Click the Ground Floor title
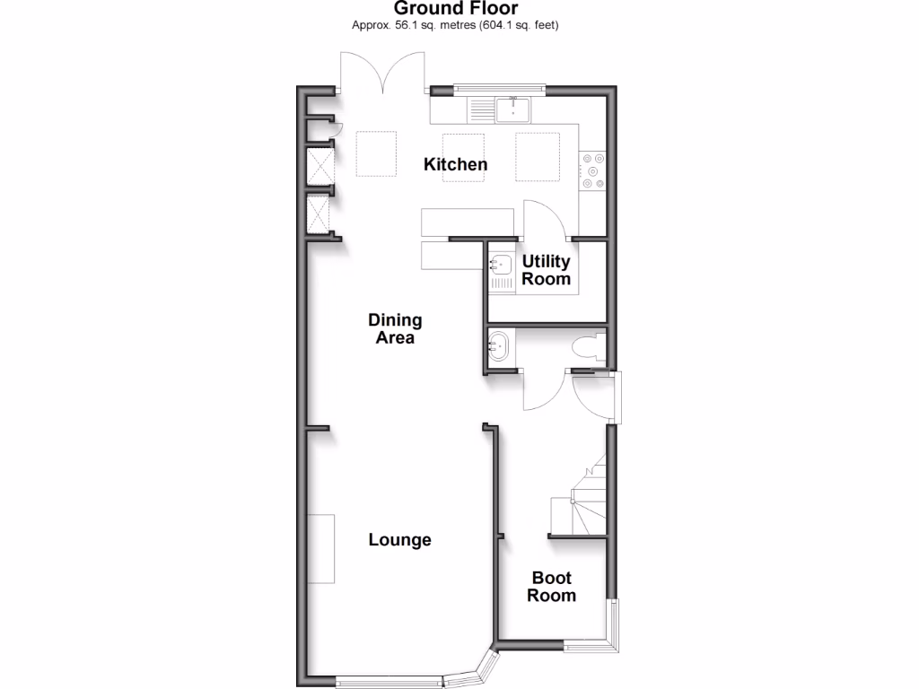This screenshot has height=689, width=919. (455, 9)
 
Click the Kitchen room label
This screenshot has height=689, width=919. (456, 164)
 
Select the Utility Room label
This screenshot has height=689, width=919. (547, 270)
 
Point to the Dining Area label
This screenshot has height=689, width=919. (395, 328)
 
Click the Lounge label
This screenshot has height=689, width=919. (400, 540)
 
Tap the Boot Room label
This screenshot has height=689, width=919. (551, 587)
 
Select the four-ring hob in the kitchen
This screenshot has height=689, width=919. (592, 170)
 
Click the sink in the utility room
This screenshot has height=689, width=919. (500, 265)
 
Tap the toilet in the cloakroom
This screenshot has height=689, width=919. (588, 349)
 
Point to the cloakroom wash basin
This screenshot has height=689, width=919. (498, 344)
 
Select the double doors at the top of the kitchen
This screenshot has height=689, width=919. (383, 72)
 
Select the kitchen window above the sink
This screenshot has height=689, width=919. (499, 88)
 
